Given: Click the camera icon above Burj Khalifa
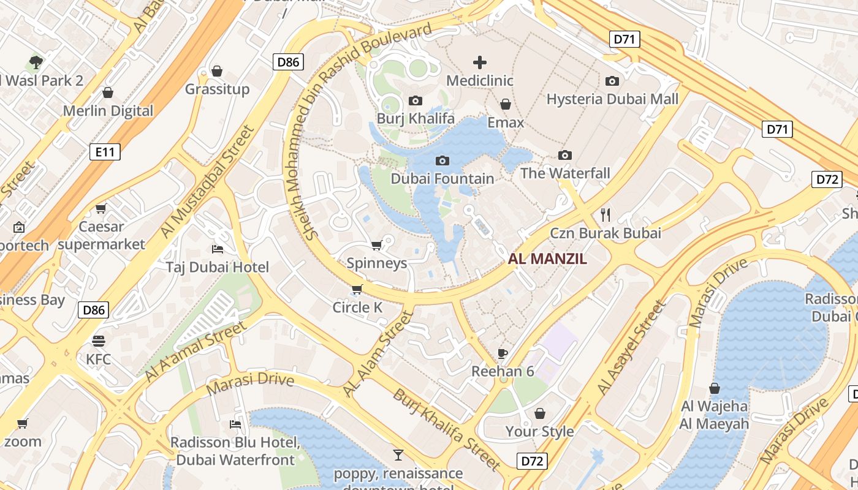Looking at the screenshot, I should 416,100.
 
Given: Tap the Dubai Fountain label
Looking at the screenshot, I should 442,179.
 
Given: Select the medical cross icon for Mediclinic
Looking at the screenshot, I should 480,62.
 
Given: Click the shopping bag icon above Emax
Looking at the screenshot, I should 506,104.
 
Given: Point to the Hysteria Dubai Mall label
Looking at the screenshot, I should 612,99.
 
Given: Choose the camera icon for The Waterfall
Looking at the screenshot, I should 565,155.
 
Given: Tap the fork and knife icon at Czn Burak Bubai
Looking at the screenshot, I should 606,214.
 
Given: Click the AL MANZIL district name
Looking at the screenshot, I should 547,259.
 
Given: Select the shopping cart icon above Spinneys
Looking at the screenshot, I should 376,245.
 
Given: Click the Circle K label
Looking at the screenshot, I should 357,307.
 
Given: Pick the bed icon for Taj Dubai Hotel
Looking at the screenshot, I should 217,249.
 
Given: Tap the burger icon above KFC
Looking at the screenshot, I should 99,341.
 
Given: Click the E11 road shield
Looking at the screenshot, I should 105,152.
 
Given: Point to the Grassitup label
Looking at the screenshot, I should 217,89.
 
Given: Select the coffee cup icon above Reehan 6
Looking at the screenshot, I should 503,353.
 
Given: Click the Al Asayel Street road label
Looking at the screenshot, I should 631,348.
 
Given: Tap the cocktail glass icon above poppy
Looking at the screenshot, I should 398,454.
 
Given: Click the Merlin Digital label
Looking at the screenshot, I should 108,111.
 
